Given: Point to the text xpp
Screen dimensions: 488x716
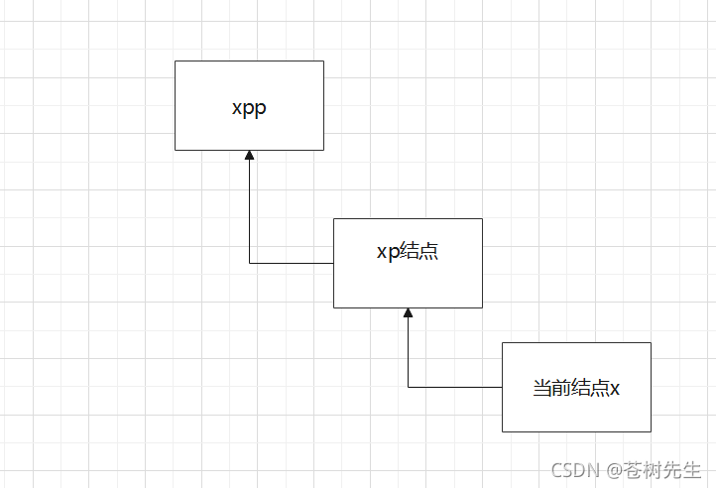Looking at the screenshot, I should tap(249, 108).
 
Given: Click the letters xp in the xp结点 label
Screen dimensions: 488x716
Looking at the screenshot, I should tap(387, 252).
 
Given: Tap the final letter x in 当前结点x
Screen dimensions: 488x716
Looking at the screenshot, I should tap(615, 389).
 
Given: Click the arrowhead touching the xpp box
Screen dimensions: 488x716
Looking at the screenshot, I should tap(249, 156).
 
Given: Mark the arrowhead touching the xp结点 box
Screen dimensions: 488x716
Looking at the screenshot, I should tap(408, 313).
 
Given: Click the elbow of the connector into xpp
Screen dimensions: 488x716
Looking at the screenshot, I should tap(249, 263).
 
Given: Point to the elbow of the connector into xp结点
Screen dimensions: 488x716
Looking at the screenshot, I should tap(408, 387).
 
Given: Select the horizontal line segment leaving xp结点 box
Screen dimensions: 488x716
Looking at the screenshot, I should tap(292, 263).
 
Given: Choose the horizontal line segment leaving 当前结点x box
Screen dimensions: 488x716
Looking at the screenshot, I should tap(455, 387).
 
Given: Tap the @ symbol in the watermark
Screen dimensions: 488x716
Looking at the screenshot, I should tap(615, 470).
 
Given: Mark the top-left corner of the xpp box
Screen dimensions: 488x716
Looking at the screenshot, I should tap(175, 61).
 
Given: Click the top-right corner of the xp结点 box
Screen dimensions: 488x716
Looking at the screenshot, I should tap(482, 218).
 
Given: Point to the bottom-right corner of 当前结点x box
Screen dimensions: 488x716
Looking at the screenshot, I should tap(651, 431).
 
